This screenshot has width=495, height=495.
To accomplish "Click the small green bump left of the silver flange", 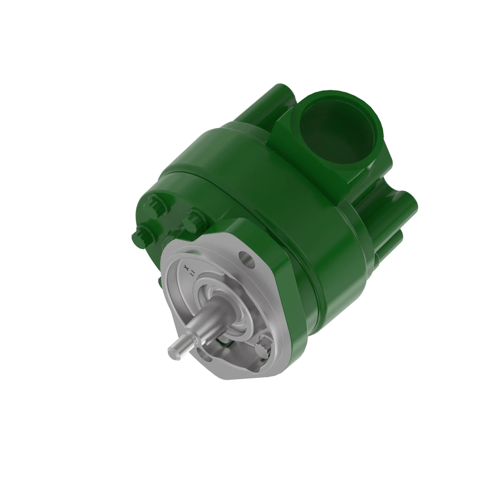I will click(159, 282).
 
